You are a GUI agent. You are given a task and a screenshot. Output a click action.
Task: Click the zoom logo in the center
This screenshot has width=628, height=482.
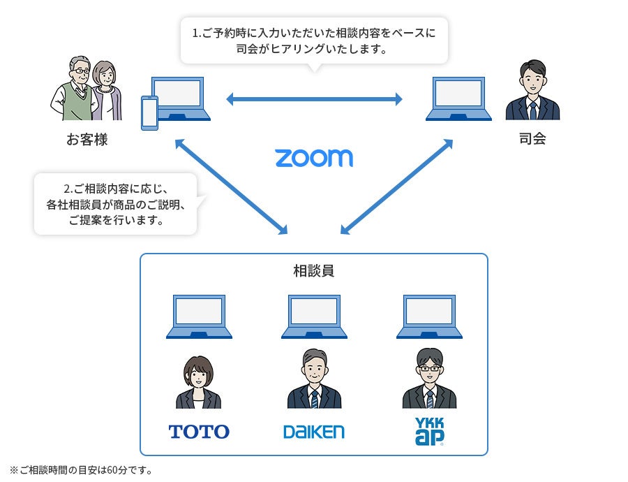313,157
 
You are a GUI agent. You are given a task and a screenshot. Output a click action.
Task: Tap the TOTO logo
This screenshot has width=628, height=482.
199,432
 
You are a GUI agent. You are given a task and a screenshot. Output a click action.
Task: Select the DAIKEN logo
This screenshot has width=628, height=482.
313,432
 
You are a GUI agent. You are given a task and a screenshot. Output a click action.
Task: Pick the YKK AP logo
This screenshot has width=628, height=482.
429,432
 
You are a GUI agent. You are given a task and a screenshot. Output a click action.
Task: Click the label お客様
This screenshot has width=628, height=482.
87,140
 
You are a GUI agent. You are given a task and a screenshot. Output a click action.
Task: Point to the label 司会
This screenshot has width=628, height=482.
532,138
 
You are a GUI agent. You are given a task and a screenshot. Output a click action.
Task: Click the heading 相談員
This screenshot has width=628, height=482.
313,270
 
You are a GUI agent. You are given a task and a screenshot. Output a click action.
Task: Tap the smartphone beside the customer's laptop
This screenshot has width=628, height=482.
149,112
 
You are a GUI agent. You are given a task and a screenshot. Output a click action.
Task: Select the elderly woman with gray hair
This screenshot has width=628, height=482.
107,91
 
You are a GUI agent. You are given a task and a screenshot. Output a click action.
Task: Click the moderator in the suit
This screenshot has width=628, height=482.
532,91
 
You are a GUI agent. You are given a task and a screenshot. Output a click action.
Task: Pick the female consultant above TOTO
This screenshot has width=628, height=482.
198,382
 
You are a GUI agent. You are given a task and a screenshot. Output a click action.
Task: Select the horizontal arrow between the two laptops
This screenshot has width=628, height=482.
314,99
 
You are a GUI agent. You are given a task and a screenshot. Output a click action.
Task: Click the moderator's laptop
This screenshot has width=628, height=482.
458,98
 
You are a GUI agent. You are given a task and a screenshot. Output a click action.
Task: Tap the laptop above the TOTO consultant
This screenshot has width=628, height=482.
199,316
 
